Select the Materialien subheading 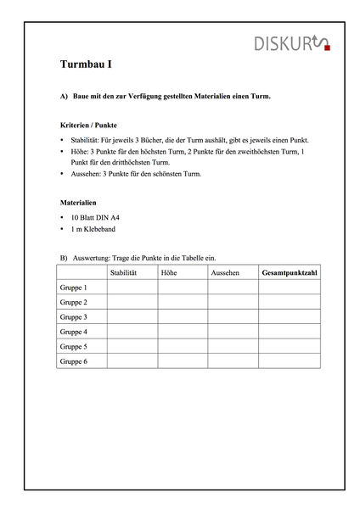tap(78, 204)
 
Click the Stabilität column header tap(124, 272)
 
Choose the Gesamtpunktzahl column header tap(290, 272)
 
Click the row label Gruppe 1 tap(74, 288)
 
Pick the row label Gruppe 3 tap(74, 317)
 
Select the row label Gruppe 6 tap(74, 361)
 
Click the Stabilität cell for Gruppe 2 tap(132, 302)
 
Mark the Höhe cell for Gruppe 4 tap(183, 332)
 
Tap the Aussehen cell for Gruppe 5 tap(233, 346)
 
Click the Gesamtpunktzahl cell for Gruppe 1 tap(290, 288)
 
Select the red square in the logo tap(328, 48)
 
